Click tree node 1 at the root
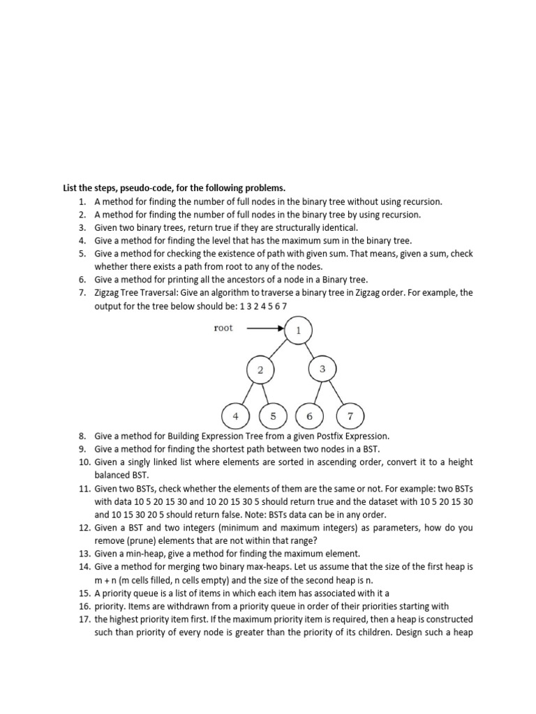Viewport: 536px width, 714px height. pos(299,331)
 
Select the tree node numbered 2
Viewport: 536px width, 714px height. pos(260,370)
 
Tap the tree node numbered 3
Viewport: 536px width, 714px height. pos(322,369)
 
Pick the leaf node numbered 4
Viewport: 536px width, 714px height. pos(235,416)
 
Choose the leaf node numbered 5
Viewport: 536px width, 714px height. pos(273,416)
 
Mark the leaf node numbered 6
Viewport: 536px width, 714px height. pos(309,416)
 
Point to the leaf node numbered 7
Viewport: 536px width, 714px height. pos(350,416)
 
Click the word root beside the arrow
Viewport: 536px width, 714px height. pos(223,328)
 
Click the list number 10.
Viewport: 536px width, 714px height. pos(84,462)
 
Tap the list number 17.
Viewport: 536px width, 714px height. pos(84,619)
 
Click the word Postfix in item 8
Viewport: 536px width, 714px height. pos(320,436)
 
